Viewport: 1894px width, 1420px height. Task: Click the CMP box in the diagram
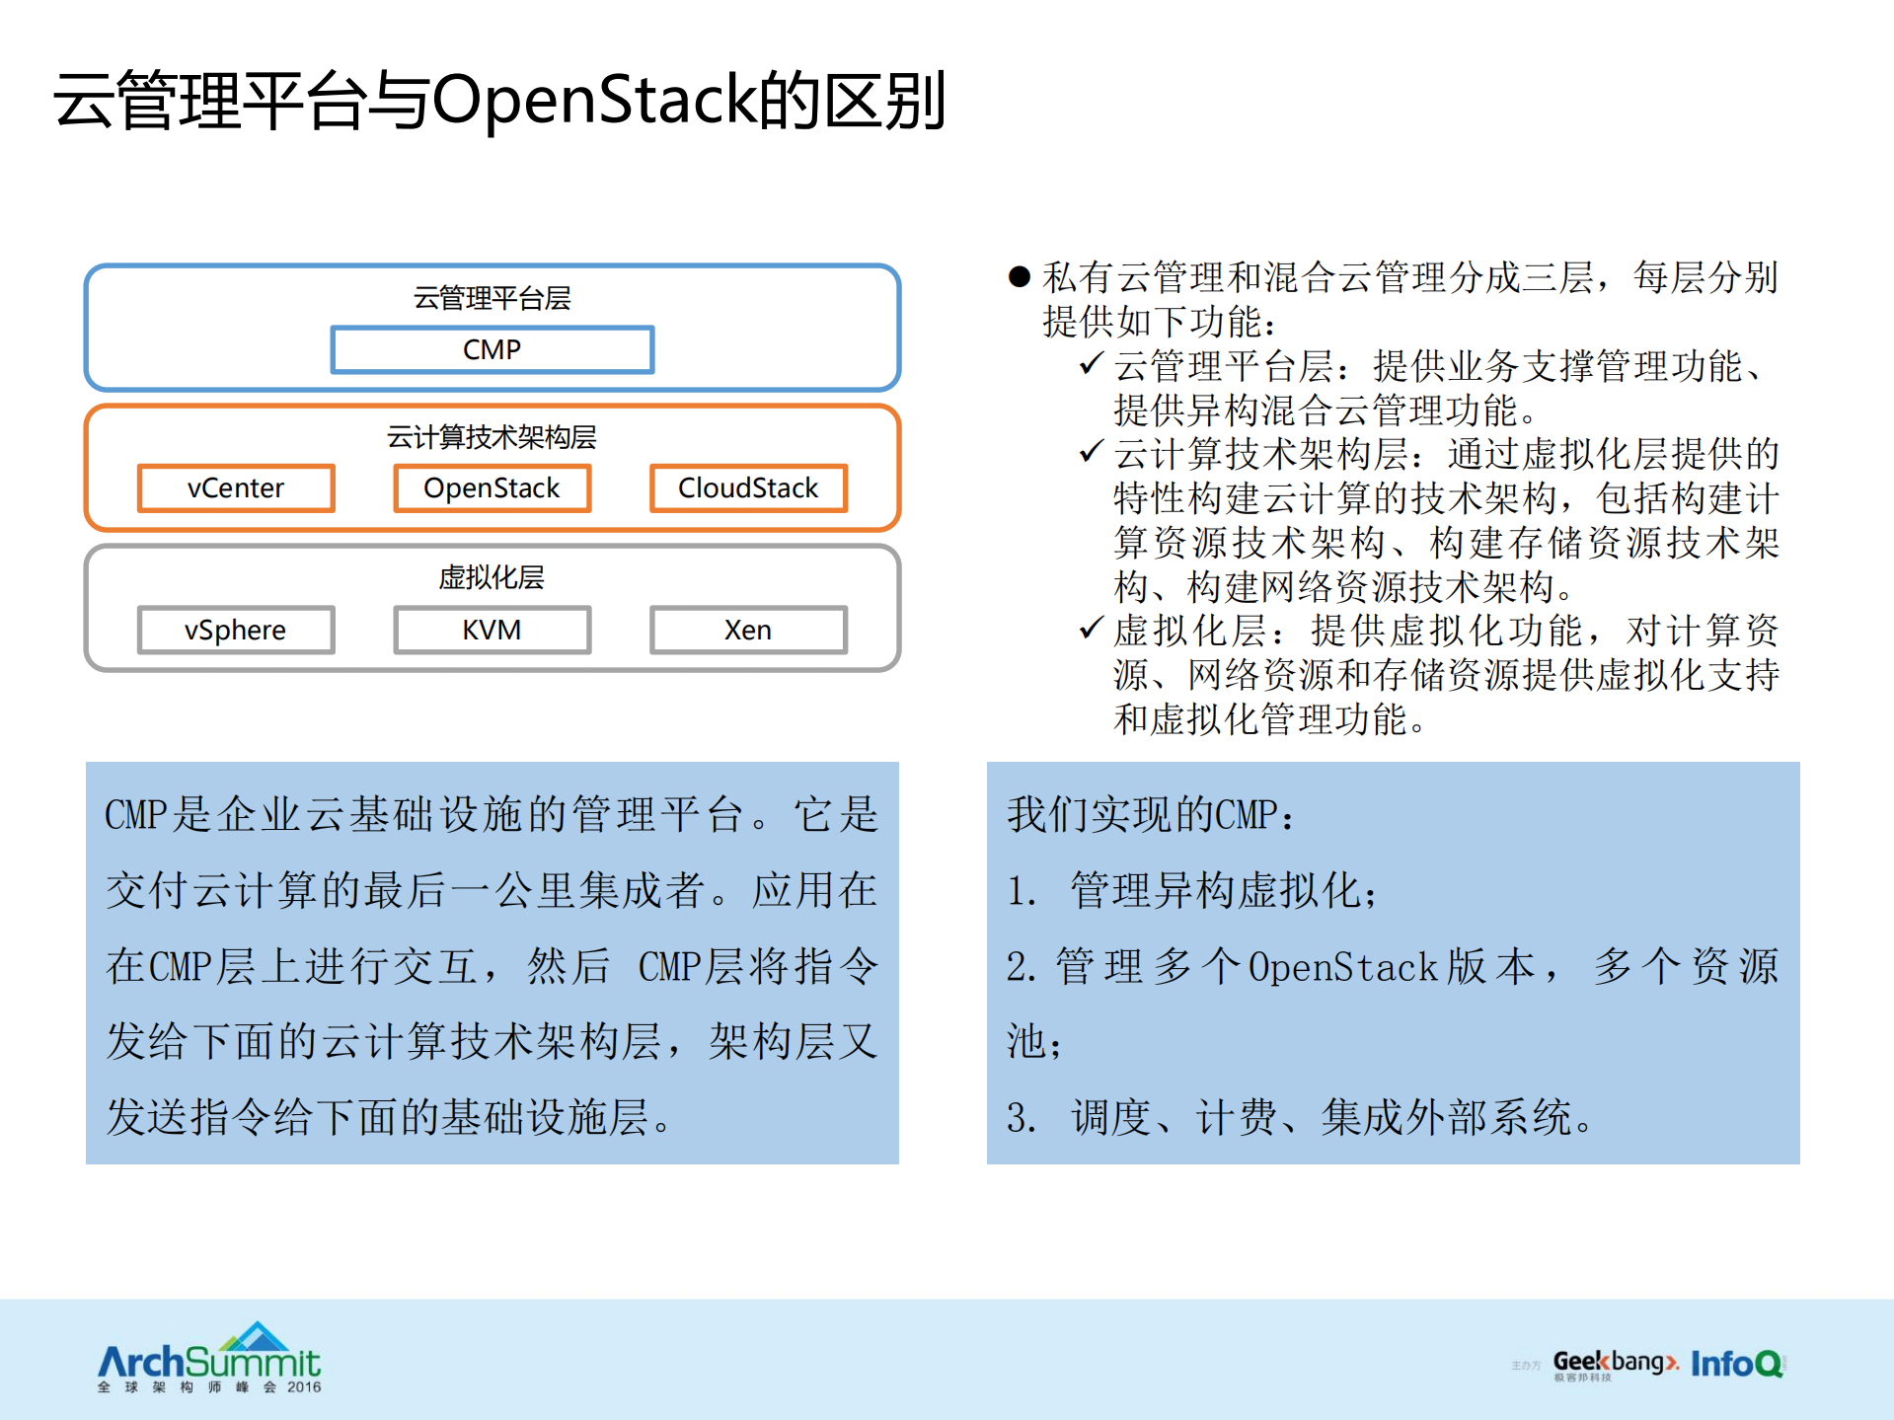(x=492, y=350)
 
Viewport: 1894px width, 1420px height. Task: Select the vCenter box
(x=236, y=488)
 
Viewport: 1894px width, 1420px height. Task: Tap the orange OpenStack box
(x=492, y=488)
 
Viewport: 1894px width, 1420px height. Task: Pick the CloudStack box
(x=748, y=488)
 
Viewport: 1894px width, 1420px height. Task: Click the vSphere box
(x=236, y=630)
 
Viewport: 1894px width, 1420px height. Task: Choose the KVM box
(x=492, y=630)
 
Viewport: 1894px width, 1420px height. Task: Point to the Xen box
(x=748, y=630)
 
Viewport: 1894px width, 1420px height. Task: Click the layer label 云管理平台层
(x=492, y=298)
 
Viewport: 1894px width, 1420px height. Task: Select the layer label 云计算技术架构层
(x=492, y=437)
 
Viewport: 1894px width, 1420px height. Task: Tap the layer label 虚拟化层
(x=492, y=577)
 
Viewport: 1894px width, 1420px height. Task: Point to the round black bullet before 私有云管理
(x=1020, y=277)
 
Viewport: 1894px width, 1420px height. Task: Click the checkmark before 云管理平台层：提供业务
(x=1091, y=364)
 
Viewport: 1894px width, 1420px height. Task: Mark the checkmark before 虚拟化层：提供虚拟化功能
(x=1091, y=628)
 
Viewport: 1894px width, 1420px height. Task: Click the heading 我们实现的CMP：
(x=1150, y=815)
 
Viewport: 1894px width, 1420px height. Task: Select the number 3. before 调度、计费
(x=1021, y=1118)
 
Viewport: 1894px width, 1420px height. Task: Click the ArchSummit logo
(x=209, y=1359)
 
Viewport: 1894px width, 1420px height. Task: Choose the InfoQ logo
(x=1737, y=1364)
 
